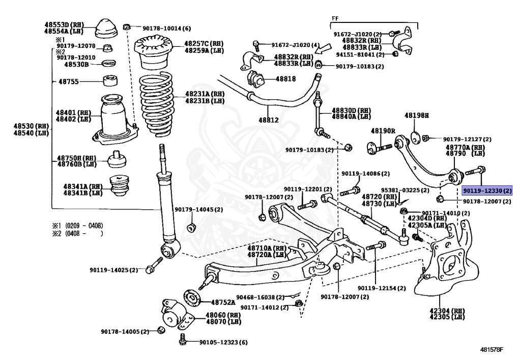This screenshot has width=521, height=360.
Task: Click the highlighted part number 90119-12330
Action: coord(483,191)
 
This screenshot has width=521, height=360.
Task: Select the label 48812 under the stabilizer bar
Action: coord(269,120)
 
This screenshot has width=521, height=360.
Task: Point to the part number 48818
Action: coord(285,79)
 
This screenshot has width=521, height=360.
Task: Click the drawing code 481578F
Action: coord(491,349)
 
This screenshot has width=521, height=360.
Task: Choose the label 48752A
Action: coord(223,302)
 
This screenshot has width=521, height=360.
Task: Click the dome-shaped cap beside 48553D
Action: coord(106,29)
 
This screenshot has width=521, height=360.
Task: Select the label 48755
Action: coord(69,81)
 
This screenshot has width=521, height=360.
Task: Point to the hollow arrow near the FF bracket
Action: coord(323,49)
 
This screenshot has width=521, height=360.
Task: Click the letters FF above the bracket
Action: coord(335,19)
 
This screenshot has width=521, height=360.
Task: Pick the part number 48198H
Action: coord(416,116)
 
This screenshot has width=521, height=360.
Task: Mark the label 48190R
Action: coord(383,131)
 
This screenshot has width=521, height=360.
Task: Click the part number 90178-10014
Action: coord(162,29)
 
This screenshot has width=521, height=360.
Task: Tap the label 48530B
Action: coord(76,64)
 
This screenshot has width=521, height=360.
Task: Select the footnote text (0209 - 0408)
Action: coord(84,226)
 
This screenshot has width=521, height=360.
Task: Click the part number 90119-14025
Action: coord(109,270)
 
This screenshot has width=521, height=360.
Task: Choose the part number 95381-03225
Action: coord(401,190)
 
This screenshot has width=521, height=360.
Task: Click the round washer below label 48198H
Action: coord(415,137)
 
